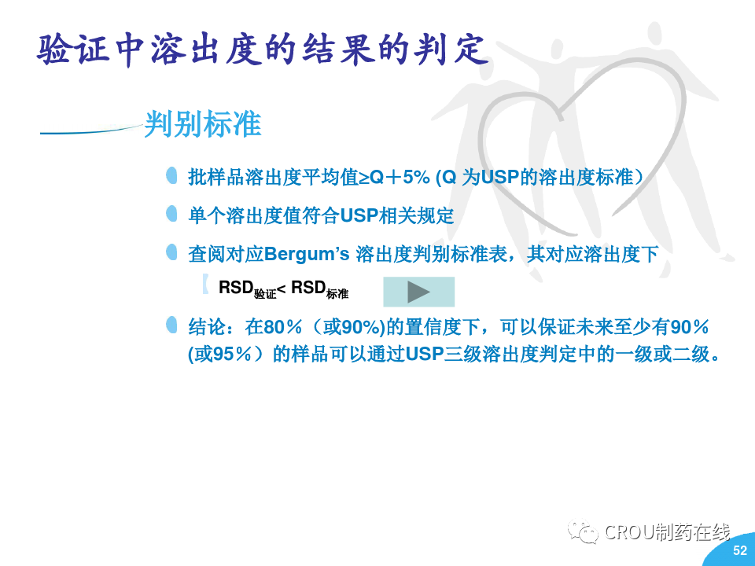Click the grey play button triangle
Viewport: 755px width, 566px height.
pos(418,292)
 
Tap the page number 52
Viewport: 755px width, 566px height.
pos(739,550)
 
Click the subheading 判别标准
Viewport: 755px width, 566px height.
pos(203,123)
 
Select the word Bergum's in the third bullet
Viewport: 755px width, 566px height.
pos(307,254)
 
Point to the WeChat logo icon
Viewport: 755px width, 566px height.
pos(582,531)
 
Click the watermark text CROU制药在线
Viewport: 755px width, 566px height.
pos(667,532)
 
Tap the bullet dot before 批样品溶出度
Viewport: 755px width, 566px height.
pos(171,175)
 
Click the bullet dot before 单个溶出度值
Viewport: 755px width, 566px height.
pos(171,214)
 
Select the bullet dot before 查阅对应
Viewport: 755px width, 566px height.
pos(171,252)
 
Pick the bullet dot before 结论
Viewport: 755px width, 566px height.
pos(171,325)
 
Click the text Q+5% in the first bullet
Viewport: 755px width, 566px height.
pos(400,177)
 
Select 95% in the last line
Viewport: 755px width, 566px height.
pos(232,355)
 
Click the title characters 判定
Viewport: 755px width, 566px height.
pos(451,49)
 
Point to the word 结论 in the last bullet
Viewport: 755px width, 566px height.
pos(207,327)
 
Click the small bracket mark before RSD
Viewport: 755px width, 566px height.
pos(205,284)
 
